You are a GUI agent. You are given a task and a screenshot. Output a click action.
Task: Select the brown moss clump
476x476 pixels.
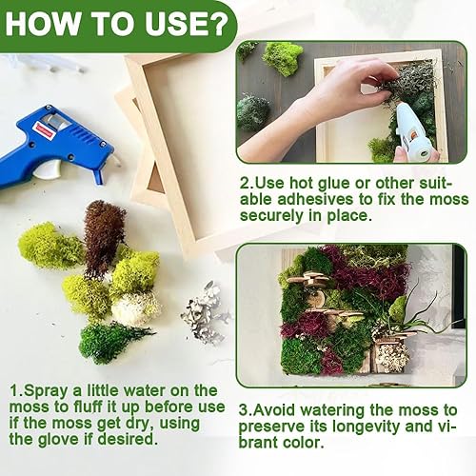click(103, 233)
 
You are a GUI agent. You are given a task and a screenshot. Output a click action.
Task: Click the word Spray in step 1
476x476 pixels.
click(48, 391)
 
